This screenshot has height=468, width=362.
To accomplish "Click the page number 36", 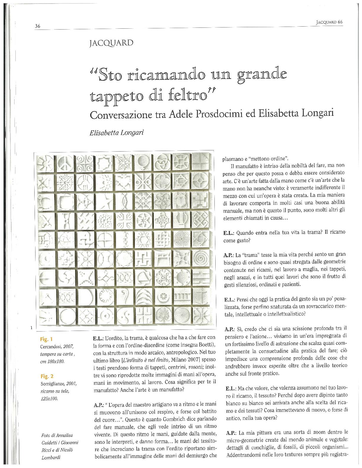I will click(38, 26).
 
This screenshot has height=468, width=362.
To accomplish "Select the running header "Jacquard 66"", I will click(329, 22).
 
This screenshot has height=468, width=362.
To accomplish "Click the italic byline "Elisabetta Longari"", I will click(117, 133).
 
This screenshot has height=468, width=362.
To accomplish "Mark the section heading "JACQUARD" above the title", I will click(111, 43).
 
